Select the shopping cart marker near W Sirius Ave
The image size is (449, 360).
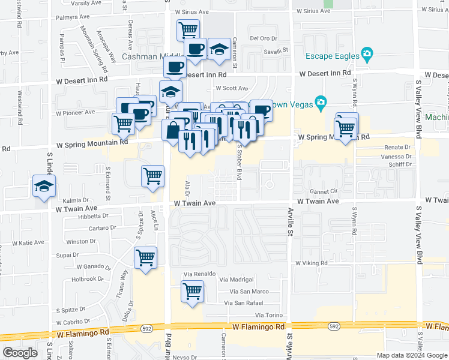pos(188,29)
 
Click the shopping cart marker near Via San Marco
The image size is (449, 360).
pos(192,292)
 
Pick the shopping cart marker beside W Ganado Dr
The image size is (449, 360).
pos(145,259)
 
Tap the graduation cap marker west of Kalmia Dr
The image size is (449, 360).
pos(44,187)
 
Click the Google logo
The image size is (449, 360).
pos(20,352)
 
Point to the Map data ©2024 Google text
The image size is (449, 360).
pos(412,355)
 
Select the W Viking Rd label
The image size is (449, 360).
pos(310,263)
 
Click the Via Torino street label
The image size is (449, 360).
pos(268,315)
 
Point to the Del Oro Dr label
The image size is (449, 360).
pos(262,38)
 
